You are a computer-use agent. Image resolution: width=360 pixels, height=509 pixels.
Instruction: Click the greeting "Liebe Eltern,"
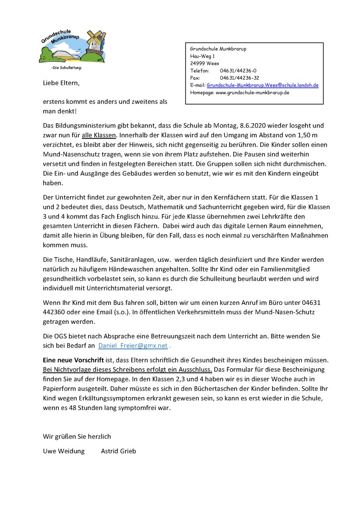[x=61, y=82]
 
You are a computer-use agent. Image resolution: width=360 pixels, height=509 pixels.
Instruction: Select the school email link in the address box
[x=262, y=85]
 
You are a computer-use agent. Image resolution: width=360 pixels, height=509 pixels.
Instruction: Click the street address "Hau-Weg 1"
[x=202, y=56]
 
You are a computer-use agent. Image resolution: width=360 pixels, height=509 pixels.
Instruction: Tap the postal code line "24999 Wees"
[x=204, y=63]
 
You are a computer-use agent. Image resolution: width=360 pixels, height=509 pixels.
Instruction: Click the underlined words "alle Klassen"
[x=99, y=135]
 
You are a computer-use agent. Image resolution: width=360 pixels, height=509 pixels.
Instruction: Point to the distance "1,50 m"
[x=307, y=135]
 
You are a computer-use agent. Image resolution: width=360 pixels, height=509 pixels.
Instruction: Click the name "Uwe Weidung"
[x=64, y=451]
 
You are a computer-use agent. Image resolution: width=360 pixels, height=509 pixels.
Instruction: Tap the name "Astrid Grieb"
[x=118, y=451]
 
